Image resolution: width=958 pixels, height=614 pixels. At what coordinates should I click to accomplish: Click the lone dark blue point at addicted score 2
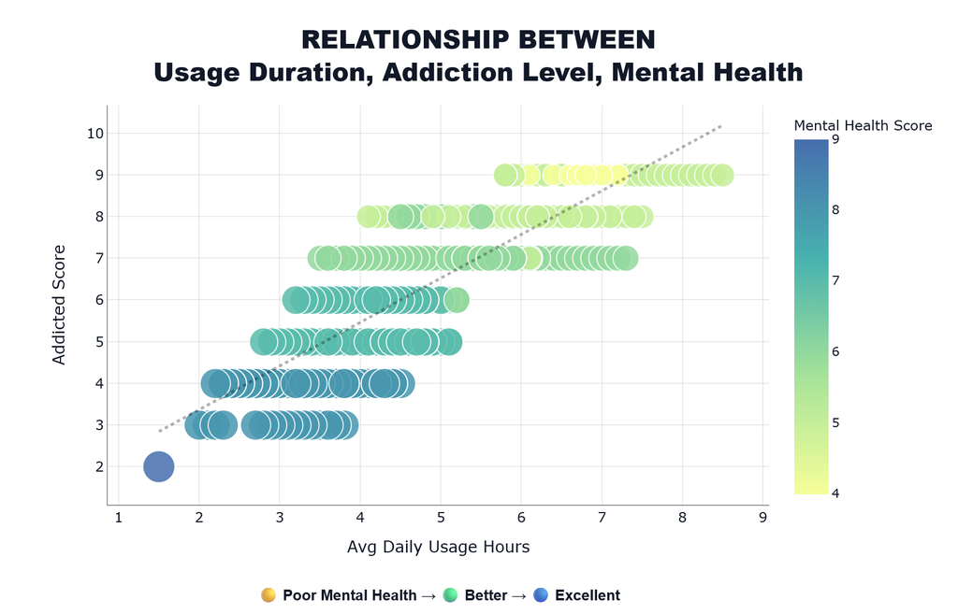coord(159,467)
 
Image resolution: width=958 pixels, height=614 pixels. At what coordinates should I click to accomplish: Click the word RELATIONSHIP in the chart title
coord(404,40)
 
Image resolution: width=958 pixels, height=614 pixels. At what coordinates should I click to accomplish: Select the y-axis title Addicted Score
coord(59,306)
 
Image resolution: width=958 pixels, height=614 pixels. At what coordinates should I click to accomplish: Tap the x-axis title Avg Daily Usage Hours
coord(438,547)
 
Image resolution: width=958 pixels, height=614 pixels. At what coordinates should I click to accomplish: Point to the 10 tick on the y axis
coord(95,133)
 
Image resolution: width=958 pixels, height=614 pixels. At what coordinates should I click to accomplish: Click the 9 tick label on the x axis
coord(762,518)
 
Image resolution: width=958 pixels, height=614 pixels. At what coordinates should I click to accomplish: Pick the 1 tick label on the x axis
coord(118,518)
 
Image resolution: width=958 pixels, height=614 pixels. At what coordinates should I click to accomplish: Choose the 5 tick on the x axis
coord(441,518)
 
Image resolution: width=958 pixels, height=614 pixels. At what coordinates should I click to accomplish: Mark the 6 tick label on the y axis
coord(99,300)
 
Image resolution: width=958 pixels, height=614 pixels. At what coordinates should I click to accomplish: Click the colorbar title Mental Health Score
coord(863,126)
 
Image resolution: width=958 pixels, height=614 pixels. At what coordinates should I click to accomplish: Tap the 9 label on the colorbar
coord(835,140)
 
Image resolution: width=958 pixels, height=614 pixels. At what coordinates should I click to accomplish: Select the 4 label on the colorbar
coord(835,493)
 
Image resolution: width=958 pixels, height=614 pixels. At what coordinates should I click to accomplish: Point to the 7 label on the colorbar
coord(835,280)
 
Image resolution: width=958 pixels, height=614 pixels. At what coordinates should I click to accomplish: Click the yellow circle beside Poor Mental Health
coord(269,595)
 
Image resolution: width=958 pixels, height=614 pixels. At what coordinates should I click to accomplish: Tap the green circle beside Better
coord(450,595)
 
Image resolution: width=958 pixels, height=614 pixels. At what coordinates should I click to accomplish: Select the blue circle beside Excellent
coord(541,595)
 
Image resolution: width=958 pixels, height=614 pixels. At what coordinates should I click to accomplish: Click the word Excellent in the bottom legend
coord(588,595)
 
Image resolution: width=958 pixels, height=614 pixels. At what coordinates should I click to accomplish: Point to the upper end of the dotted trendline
coord(721,126)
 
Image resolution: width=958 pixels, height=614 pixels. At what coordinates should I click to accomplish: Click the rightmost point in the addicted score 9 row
coord(722,175)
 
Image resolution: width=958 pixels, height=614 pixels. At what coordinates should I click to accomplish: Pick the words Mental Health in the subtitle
coord(707,73)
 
